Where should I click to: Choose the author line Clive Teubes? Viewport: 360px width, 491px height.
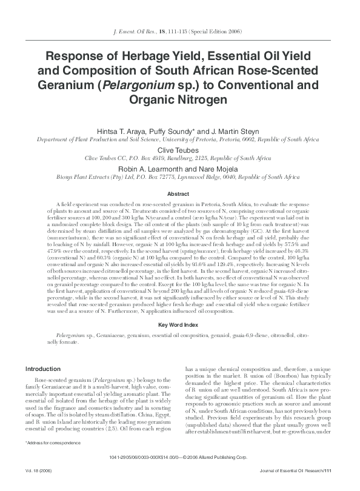pyautogui.click(x=180, y=148)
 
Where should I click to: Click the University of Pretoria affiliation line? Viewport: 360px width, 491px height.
pyautogui.click(x=180, y=139)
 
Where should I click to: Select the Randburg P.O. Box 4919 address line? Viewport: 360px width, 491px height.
pyautogui.click(x=180, y=157)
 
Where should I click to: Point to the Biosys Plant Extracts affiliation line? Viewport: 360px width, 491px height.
pyautogui.click(x=180, y=177)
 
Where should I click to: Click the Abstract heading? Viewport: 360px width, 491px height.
pyautogui.click(x=180, y=194)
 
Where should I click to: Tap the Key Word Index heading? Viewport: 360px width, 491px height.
pyautogui.click(x=180, y=326)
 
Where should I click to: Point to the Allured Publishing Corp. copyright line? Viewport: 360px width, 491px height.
pyautogui.click(x=180, y=473)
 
